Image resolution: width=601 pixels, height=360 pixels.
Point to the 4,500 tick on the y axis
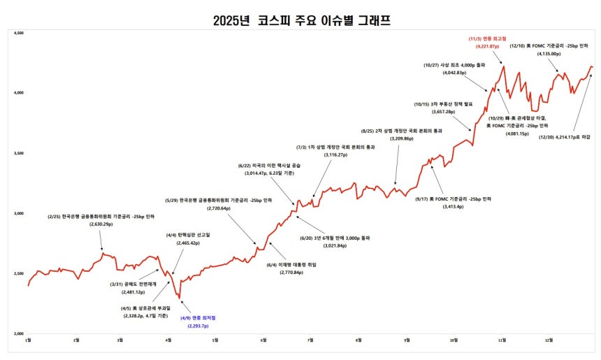pos(20,32)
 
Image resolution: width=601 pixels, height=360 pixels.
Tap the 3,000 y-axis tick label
pos(20,213)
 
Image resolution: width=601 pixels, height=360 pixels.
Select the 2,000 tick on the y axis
pos(20,333)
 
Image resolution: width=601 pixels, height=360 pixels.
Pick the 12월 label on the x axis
pos(549,340)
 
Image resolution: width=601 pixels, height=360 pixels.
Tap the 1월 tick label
pos(28,340)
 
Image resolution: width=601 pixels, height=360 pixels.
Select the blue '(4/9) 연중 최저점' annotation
pos(198,318)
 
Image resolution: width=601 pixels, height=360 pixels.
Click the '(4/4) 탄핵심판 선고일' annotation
pos(188,234)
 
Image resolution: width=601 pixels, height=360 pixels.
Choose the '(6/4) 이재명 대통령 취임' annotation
pos(284,264)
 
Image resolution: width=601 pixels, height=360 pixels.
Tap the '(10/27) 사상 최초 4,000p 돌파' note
pos(454,65)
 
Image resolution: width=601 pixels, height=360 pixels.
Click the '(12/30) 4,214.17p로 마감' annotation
pos(565,137)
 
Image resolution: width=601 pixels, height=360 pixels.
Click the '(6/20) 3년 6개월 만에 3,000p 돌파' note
pos(332,238)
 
